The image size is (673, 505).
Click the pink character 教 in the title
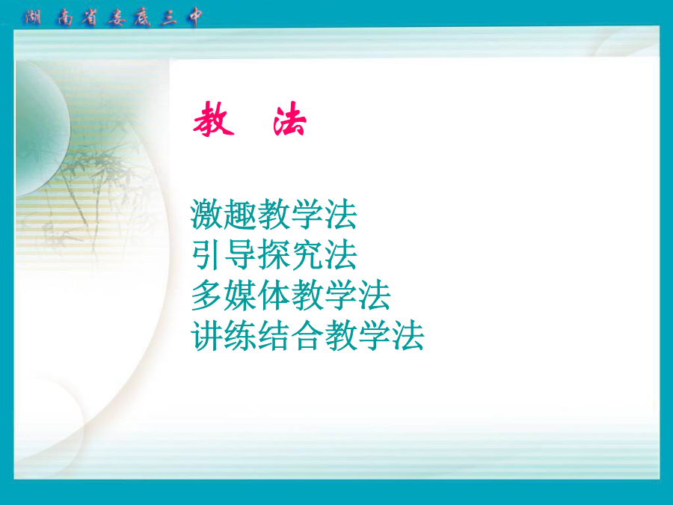[214, 119]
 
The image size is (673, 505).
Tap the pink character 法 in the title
[289, 119]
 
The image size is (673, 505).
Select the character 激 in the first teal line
[207, 214]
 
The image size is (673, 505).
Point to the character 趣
[240, 214]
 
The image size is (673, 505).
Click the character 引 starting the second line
[207, 254]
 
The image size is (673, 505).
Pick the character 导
[240, 254]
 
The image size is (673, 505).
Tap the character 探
[274, 254]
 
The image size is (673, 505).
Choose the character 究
[307, 254]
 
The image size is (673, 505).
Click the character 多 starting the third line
[207, 295]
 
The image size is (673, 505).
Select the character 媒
[240, 295]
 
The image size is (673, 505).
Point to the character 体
[274, 295]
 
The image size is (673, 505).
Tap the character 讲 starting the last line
[207, 335]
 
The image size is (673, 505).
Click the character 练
[240, 335]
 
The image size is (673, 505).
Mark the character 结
[274, 335]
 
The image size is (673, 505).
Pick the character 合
[307, 335]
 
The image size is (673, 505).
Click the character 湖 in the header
[33, 18]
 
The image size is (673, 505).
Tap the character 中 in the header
[194, 18]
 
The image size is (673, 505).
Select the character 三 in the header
[169, 18]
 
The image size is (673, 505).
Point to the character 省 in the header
[89, 18]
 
